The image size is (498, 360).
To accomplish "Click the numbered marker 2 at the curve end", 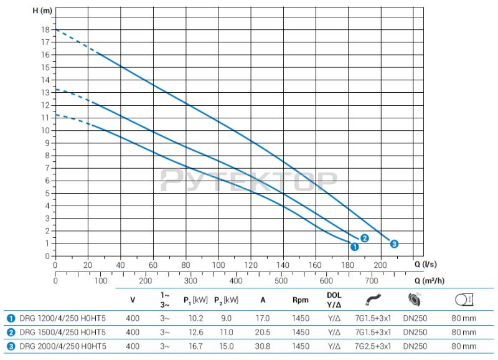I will pos(365,238).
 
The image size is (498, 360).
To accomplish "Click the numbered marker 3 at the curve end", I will pos(394,244).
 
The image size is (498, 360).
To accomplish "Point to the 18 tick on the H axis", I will pos(45,29).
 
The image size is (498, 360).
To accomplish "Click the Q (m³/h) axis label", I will pos(430,280).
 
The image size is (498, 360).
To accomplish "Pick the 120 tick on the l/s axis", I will pos(251,265).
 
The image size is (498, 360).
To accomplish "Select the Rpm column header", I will pos(301,300).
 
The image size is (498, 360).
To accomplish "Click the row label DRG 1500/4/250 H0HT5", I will pos(62,332).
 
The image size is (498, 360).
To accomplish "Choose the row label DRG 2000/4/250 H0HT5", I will pos(62,346).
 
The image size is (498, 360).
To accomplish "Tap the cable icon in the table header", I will pos(374,300).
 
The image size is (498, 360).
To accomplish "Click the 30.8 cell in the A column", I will pos(263,346).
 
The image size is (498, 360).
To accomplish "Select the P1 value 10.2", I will pos(194,317).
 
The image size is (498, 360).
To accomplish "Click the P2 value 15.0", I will pos(228,346).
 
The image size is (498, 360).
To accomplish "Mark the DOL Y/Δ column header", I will pos(334,300).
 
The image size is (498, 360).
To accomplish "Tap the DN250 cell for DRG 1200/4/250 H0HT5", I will pos(415,317).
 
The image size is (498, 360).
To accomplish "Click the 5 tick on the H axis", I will pos(47,193).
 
